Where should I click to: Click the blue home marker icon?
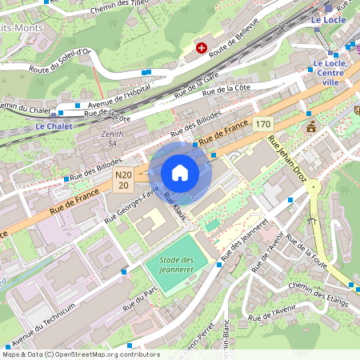(x=180, y=173)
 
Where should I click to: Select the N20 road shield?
(x=123, y=180)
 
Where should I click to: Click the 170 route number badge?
(x=263, y=124)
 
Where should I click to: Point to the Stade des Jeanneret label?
(x=177, y=265)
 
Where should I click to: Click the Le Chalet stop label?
(x=54, y=126)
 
